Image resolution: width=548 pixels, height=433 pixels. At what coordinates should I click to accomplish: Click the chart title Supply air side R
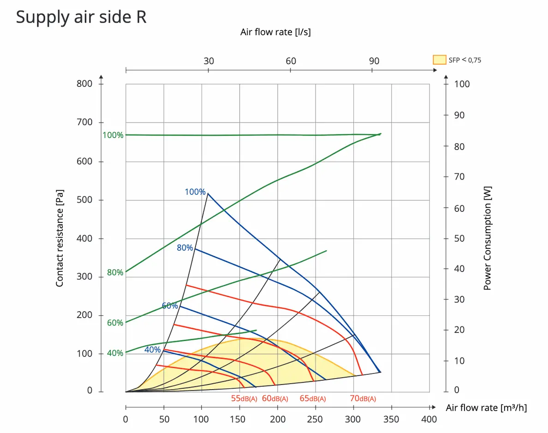(81, 18)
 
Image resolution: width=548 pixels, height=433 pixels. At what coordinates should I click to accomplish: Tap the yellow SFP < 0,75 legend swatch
(440, 60)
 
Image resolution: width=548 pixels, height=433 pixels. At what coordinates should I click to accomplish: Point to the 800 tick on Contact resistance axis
(84, 84)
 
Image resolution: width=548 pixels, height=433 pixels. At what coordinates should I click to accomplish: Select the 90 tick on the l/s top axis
(374, 61)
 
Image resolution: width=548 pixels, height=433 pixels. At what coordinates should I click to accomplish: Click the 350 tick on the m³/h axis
(392, 419)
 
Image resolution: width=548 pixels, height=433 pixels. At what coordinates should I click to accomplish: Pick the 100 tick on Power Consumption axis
(462, 84)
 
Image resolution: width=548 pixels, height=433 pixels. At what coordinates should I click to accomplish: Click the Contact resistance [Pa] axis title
(60, 238)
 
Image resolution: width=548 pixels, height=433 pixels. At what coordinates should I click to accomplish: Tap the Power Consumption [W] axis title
(488, 238)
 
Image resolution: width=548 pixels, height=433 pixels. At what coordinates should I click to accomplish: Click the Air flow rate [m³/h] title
(486, 408)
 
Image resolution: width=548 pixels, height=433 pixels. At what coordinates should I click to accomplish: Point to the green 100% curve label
(113, 135)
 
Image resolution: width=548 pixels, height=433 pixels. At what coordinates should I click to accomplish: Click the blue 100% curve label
(195, 192)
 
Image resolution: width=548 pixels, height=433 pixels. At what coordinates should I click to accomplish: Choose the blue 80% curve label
(185, 248)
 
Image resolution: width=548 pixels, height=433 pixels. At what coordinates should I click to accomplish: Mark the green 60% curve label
(115, 323)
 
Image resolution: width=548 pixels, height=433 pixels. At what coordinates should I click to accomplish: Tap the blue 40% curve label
(152, 350)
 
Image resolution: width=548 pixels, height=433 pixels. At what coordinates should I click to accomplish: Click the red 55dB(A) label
(244, 399)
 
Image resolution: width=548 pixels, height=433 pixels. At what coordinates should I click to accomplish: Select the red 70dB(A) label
(363, 399)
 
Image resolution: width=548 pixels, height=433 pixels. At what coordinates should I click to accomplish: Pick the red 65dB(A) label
(313, 399)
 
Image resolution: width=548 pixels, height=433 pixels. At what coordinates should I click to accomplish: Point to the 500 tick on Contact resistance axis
(84, 200)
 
